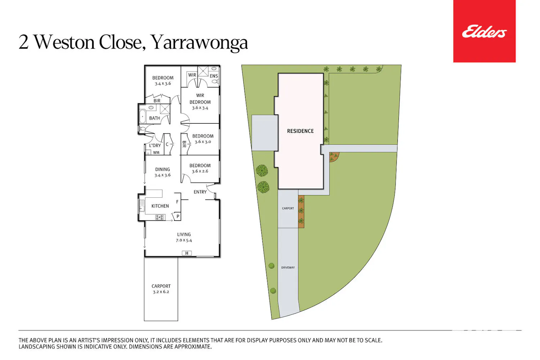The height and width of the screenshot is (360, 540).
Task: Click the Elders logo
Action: tap(484, 31)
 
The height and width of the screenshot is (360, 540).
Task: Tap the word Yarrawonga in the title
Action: tap(199, 43)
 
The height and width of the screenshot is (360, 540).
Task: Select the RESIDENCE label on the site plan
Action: tap(300, 131)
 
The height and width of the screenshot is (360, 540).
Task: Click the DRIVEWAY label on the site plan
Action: tap(288, 267)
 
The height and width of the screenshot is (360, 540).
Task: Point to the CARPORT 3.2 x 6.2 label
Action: tap(161, 289)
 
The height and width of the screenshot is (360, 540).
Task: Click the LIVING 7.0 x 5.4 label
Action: tap(184, 237)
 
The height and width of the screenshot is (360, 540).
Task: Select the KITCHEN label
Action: tap(160, 206)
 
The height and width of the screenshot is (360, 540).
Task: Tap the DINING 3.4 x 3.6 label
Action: tap(162, 172)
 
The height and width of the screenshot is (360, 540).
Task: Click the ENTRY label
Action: tap(200, 192)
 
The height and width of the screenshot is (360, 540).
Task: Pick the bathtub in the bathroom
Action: tap(142, 116)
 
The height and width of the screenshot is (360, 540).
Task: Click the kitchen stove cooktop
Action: tap(159, 217)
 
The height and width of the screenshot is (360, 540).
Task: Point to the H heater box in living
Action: tap(186, 253)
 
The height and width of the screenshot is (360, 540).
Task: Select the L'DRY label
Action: tap(155, 145)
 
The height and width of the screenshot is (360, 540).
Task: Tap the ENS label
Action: tap(214, 76)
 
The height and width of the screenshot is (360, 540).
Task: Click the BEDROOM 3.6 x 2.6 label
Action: tap(200, 168)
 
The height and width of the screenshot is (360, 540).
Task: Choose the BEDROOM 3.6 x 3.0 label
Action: tap(203, 139)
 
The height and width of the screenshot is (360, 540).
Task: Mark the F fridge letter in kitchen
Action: tap(177, 202)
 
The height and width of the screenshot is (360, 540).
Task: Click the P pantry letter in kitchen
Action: tap(178, 216)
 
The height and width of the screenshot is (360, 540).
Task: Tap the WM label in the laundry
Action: tap(156, 152)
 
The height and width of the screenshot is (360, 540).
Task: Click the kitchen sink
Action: tap(142, 206)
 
